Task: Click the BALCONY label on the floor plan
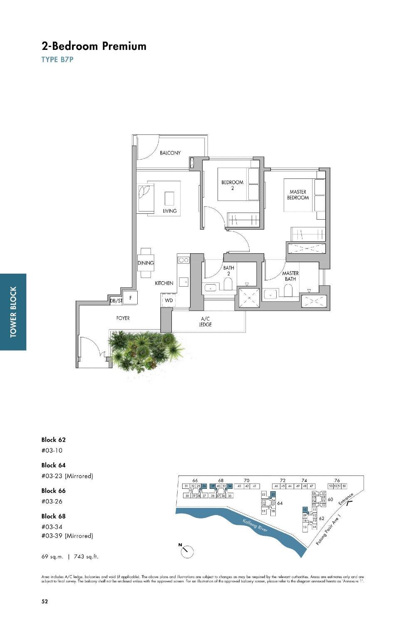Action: tap(170, 153)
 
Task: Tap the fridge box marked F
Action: tap(131, 298)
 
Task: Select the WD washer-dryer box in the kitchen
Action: tap(168, 300)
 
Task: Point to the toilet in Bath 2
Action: tap(228, 284)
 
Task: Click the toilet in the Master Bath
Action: tap(287, 291)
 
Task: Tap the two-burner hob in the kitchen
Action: tap(183, 260)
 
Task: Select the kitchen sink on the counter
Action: tap(184, 282)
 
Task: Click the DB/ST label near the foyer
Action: tap(116, 301)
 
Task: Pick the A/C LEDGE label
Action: tap(205, 322)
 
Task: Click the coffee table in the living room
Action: tap(169, 198)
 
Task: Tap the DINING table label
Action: tap(146, 263)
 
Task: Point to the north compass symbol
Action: tap(187, 551)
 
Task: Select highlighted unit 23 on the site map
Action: tap(273, 494)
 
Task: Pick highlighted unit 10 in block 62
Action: tap(305, 509)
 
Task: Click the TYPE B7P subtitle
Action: tap(57, 59)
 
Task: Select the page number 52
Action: tap(45, 601)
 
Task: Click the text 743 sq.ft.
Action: tap(86, 557)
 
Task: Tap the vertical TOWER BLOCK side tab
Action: tap(13, 312)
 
